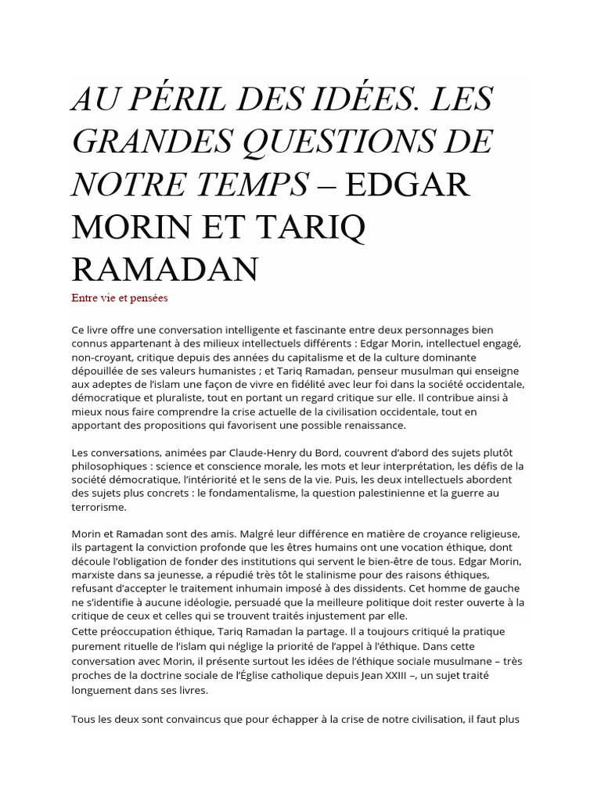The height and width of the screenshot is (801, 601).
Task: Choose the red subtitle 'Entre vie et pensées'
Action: click(120, 297)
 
